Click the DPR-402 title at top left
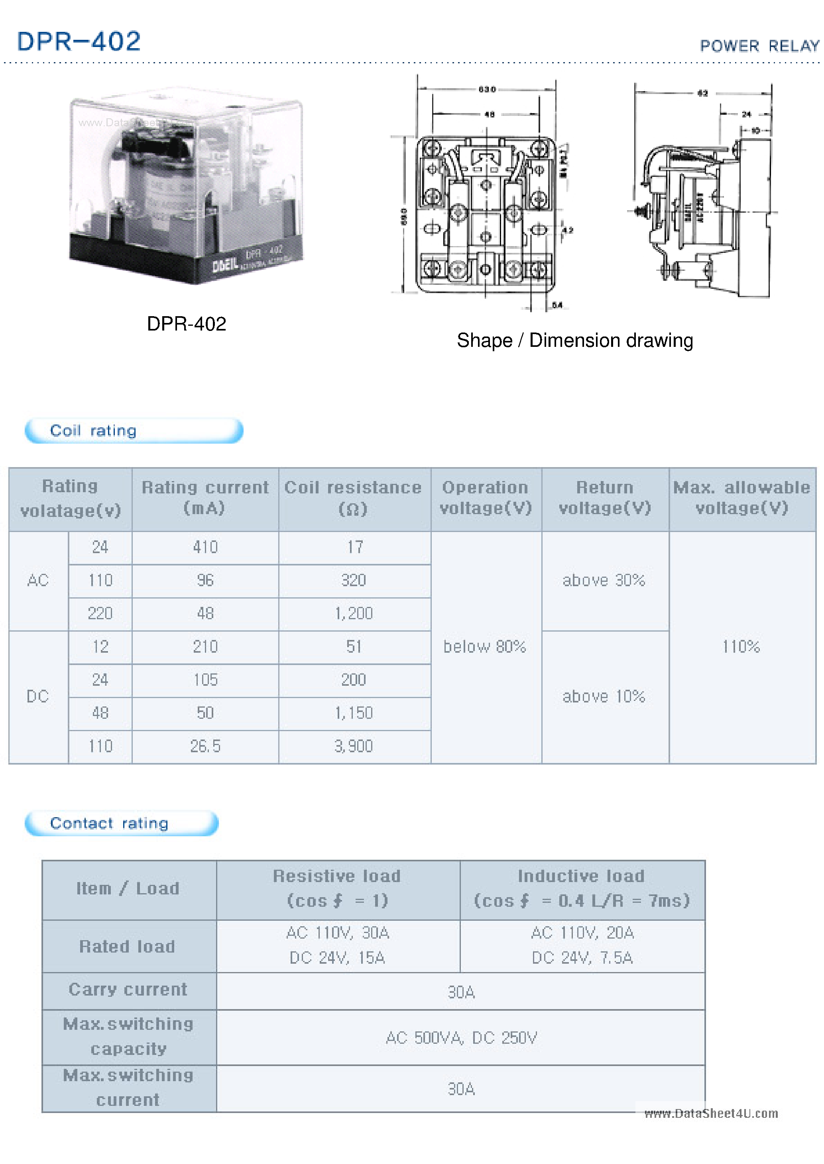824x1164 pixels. (x=79, y=41)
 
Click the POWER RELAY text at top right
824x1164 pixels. (x=759, y=46)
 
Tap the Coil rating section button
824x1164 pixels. (x=134, y=430)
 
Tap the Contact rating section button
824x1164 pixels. (x=122, y=823)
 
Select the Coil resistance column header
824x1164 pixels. (x=353, y=497)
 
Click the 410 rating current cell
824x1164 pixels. (x=205, y=547)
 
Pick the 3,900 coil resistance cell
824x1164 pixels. (x=354, y=746)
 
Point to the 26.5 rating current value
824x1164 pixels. (x=205, y=746)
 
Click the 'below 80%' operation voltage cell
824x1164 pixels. (x=485, y=646)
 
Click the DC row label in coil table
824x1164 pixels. (x=38, y=696)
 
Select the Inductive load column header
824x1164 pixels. (x=582, y=888)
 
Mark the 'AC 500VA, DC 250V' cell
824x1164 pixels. (x=461, y=1038)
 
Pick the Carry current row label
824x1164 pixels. (x=128, y=989)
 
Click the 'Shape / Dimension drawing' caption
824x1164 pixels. (x=574, y=340)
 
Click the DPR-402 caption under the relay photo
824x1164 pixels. (x=186, y=323)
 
